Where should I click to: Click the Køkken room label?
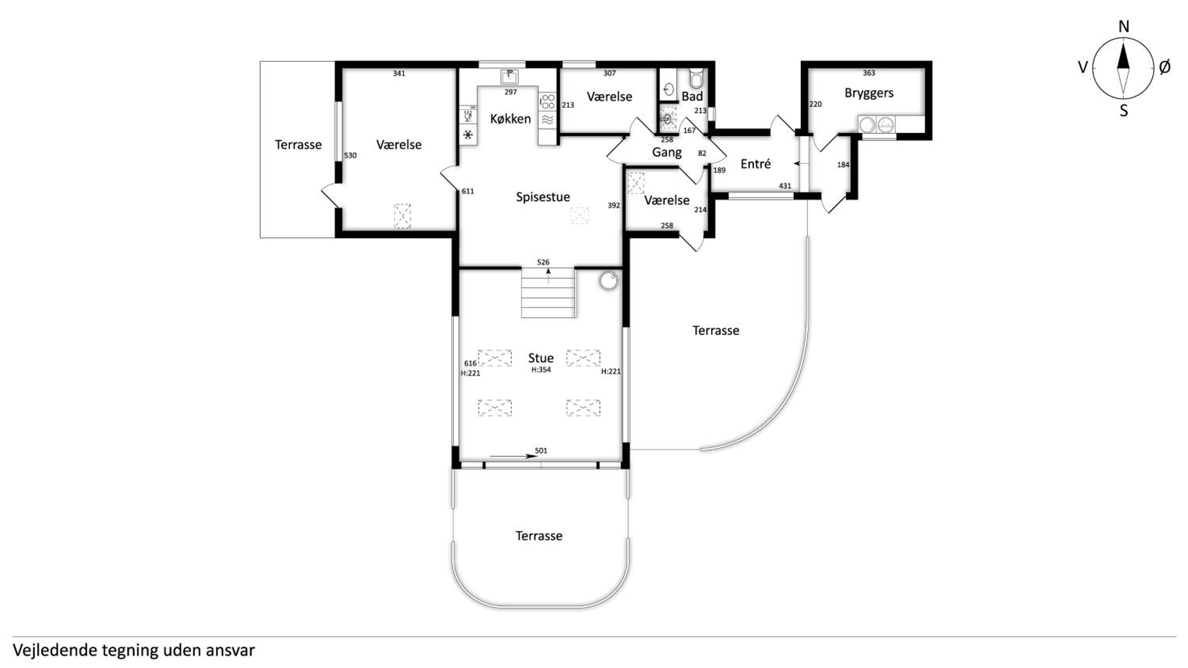pyautogui.click(x=510, y=119)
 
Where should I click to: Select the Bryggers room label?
pyautogui.click(x=869, y=93)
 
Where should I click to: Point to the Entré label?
pyautogui.click(x=756, y=164)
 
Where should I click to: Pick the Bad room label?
pyautogui.click(x=692, y=96)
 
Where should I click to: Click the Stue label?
pyautogui.click(x=541, y=358)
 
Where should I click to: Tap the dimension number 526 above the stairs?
pyautogui.click(x=543, y=262)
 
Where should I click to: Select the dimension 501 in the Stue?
pyautogui.click(x=541, y=450)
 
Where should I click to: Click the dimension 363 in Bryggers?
pyautogui.click(x=869, y=73)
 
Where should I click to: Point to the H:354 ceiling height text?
pyautogui.click(x=541, y=370)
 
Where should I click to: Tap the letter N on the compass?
pyautogui.click(x=1124, y=27)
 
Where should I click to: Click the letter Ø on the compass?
pyautogui.click(x=1165, y=67)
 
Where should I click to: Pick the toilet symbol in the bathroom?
pyautogui.click(x=697, y=78)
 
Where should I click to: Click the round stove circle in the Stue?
pyautogui.click(x=608, y=281)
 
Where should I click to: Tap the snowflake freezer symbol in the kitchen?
pyautogui.click(x=468, y=135)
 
